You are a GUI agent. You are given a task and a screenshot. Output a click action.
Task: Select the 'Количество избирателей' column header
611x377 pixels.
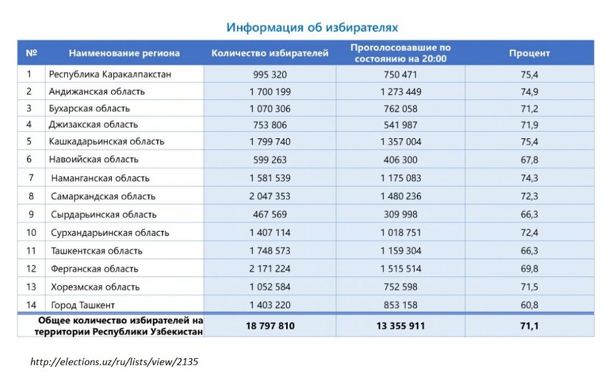click(x=270, y=53)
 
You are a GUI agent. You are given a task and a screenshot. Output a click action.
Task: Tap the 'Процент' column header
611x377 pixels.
click(x=529, y=53)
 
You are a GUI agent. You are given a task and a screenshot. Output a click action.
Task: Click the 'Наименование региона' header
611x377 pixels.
click(x=124, y=53)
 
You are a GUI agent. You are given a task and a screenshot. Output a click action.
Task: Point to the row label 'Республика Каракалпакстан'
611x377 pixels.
click(x=110, y=74)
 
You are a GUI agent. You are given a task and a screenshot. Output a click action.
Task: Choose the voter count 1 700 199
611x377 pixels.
click(x=270, y=91)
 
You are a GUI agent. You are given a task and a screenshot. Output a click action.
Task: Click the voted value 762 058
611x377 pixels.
click(x=400, y=108)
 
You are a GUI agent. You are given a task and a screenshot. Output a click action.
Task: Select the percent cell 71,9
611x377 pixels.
click(x=529, y=124)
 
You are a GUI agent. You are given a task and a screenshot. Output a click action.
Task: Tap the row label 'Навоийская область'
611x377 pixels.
click(x=94, y=159)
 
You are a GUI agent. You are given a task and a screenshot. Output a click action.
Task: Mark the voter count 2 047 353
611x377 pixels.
click(x=270, y=196)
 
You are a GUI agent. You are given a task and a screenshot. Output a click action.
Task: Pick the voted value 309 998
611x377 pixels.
click(x=400, y=214)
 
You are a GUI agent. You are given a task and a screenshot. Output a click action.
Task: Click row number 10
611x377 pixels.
click(x=31, y=232)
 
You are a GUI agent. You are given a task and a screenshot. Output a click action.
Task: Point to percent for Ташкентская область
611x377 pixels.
click(x=529, y=251)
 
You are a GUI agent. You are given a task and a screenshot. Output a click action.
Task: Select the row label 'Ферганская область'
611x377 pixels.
click(x=94, y=269)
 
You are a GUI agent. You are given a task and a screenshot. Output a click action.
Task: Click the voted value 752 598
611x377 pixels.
click(x=400, y=287)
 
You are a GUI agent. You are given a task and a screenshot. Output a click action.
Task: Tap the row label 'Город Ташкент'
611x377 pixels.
click(x=83, y=305)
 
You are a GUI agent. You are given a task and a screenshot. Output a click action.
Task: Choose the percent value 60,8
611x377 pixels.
click(x=529, y=305)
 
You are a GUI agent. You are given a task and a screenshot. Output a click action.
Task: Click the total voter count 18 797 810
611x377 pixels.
click(x=270, y=326)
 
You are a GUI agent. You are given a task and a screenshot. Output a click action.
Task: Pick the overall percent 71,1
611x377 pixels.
click(x=529, y=326)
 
